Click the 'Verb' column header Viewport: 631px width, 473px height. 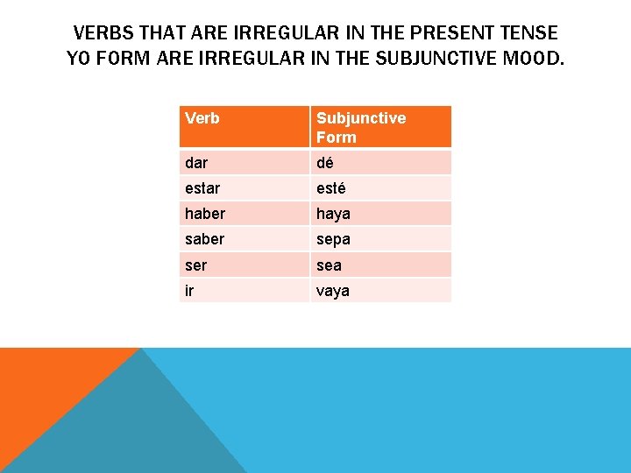coord(202,118)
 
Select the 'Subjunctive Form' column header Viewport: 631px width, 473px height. coord(360,127)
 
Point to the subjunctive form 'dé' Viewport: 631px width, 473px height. coord(325,163)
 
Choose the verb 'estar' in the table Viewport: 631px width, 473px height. coord(202,188)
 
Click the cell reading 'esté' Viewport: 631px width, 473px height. coord(331,188)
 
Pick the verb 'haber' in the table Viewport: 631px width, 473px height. coord(205,214)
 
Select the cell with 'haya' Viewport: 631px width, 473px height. coord(333,214)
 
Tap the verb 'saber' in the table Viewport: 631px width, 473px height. coord(205,239)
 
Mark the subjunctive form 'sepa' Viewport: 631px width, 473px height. coord(333,239)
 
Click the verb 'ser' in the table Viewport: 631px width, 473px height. coord(196,265)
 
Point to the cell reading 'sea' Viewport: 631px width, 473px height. coord(329,265)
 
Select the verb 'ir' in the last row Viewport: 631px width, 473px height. coord(188,290)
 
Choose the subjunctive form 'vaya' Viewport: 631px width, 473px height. coord(333,290)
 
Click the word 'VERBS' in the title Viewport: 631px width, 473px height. coord(102,33)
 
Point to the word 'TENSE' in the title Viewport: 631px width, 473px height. coord(527,33)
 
